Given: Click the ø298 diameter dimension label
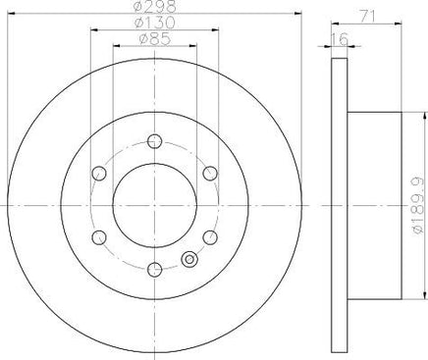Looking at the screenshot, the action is pos(155,6).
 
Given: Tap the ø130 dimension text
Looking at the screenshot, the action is pos(155,23).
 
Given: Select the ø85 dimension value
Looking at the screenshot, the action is pos(155,39).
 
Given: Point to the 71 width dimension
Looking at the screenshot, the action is pos(367,16).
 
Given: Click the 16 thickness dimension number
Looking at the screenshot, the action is pos(340,39).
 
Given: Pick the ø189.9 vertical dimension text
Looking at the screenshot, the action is pos(419,206).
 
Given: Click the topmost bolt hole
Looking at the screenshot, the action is pos(154,141).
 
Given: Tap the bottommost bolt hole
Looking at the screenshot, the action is pos(154,270).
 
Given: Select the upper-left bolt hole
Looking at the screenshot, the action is pos(99,173).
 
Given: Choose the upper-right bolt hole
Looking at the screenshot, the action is pos(210,173).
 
